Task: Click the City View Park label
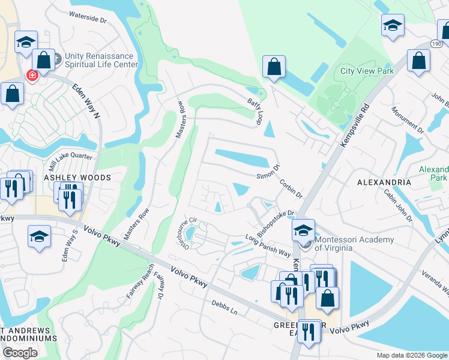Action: click(x=367, y=71)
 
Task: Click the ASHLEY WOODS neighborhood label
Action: click(x=77, y=178)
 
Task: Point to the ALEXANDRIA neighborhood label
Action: click(x=384, y=182)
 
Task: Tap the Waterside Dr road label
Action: click(x=88, y=16)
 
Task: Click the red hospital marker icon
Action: click(x=32, y=76)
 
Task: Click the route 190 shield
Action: click(x=436, y=44)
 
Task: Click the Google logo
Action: click(x=20, y=353)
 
